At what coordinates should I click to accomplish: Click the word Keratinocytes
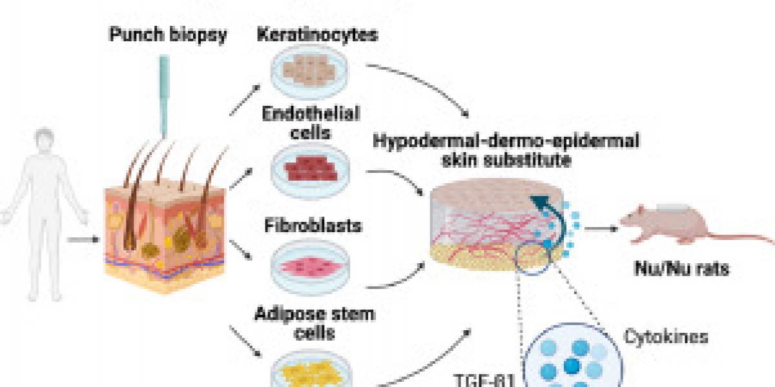[x=316, y=34]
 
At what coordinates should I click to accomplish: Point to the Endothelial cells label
[x=311, y=123]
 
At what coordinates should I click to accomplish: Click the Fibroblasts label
[x=313, y=226]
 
